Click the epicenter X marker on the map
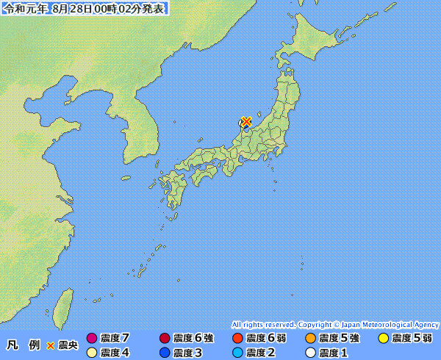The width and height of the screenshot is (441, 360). pyautogui.click(x=247, y=121)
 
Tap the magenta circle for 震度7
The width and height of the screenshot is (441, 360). pyautogui.click(x=92, y=338)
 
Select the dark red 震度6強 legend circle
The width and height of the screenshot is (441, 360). pyautogui.click(x=165, y=338)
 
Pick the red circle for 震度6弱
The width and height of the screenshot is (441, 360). pyautogui.click(x=237, y=338)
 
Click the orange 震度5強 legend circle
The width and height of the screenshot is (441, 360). pyautogui.click(x=309, y=338)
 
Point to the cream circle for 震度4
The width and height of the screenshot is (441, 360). pyautogui.click(x=92, y=353)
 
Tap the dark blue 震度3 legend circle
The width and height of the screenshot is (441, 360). pyautogui.click(x=165, y=353)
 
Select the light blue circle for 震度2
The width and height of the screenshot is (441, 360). pyautogui.click(x=237, y=353)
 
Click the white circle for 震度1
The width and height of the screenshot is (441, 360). pyautogui.click(x=309, y=353)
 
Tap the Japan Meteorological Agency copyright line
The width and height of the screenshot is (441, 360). pyautogui.click(x=335, y=324)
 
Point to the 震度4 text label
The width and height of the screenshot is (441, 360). pyautogui.click(x=115, y=353)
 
